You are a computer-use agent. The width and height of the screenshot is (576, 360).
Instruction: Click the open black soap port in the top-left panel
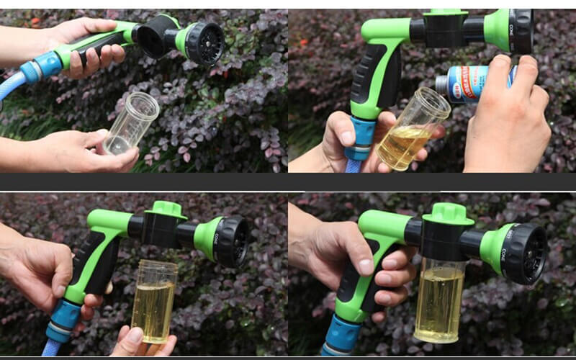[153, 37]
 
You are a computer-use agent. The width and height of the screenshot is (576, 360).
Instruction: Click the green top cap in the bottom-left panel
[166, 210]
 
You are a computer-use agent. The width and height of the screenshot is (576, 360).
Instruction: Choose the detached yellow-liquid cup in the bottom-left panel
[154, 301]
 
